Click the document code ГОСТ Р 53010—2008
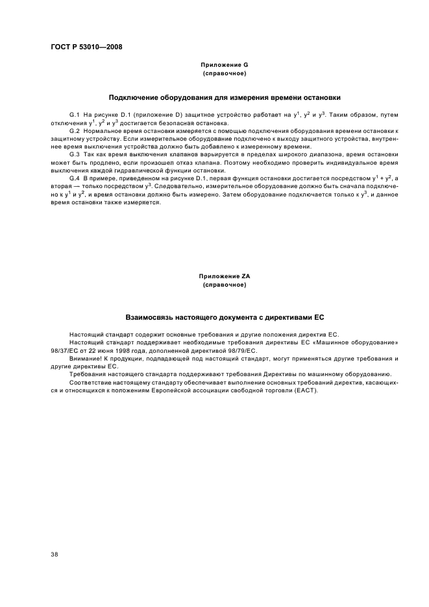pos(86,47)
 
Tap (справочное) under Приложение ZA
pos(224,285)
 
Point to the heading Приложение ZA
pos(224,276)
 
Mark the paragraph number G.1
pos(75,115)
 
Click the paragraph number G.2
pos(75,130)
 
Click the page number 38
pos(54,554)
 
